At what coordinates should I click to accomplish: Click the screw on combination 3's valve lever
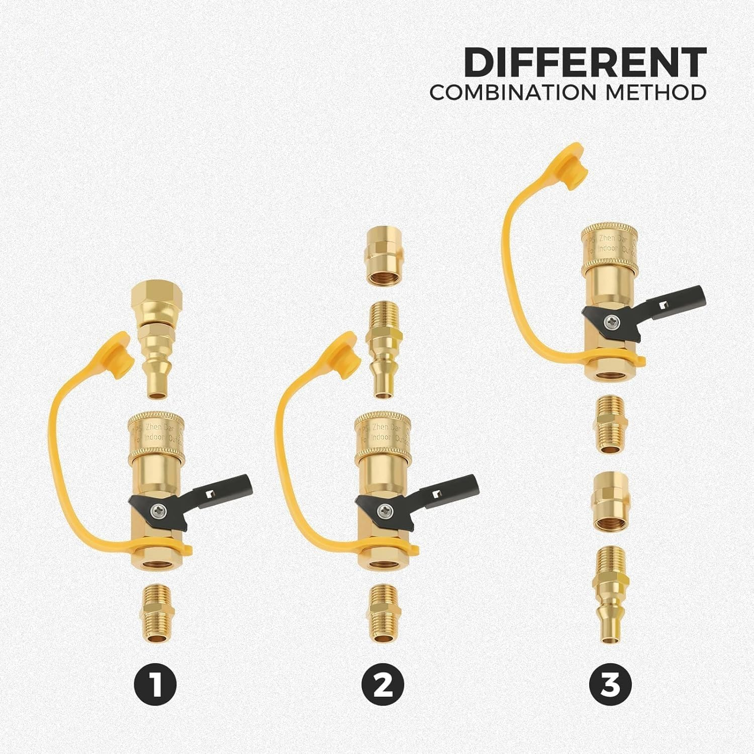pos(611,320)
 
